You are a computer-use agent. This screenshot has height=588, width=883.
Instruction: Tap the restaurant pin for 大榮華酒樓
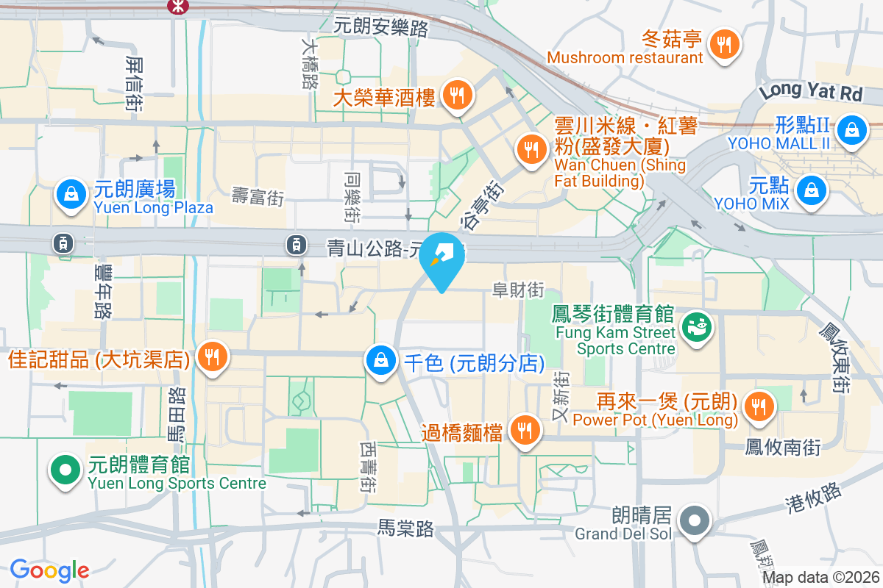pos(457,95)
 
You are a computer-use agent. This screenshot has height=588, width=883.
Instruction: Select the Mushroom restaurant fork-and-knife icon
pos(725,44)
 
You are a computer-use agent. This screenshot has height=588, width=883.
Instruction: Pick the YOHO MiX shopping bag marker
pos(811,190)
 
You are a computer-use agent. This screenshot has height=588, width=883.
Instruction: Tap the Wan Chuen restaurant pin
pos(530,149)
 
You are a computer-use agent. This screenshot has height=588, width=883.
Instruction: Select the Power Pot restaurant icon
pos(757,405)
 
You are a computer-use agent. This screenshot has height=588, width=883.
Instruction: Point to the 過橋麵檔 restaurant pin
pos(524,431)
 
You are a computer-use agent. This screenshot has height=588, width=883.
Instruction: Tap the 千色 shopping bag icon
pos(380,360)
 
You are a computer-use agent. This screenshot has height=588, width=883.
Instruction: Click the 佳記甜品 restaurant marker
pos(213,356)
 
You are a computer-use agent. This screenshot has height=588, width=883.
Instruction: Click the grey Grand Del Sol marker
pos(694,521)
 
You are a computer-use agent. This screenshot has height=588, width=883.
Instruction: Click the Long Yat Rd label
pos(810,92)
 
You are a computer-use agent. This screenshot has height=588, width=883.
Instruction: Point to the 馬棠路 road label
pos(405,527)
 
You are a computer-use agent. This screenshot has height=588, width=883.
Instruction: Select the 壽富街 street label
pos(257,196)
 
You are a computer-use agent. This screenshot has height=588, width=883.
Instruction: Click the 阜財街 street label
pos(518,290)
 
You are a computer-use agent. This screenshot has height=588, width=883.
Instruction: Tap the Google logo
pos(49,570)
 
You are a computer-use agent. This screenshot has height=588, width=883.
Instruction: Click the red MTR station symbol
pos(177,6)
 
